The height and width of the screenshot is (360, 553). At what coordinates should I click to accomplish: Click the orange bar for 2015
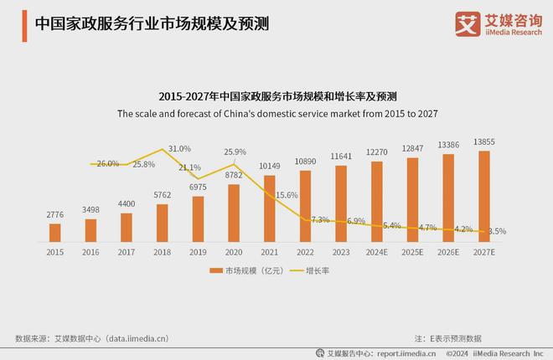55,232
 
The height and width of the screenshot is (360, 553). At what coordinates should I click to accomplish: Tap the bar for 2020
234,213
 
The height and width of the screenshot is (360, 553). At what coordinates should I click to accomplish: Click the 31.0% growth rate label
180,148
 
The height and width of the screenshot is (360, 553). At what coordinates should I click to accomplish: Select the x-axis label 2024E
377,251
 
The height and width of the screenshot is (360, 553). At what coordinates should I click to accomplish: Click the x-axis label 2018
163,251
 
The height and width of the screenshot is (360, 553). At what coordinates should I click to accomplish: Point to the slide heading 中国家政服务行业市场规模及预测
152,23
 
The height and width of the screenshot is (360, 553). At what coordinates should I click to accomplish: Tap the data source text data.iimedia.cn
92,338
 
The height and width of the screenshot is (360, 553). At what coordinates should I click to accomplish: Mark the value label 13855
484,142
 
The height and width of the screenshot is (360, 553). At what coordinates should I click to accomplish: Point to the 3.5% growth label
496,231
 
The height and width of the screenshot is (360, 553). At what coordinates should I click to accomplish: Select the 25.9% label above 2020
235,152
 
